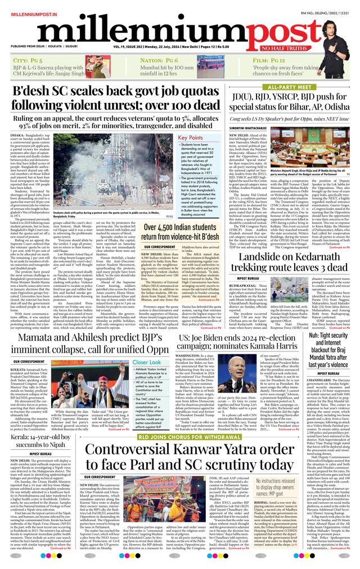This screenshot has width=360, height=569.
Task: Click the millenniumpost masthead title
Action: (169, 28)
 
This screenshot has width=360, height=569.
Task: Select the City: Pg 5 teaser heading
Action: (28, 60)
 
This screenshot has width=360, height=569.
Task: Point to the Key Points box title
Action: (190, 138)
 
